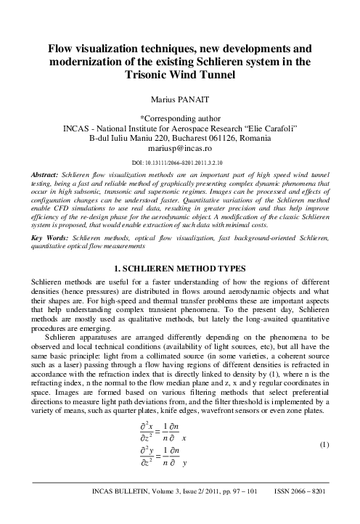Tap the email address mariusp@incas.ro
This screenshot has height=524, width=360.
tap(180, 147)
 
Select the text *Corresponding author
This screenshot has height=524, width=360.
tap(180, 115)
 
